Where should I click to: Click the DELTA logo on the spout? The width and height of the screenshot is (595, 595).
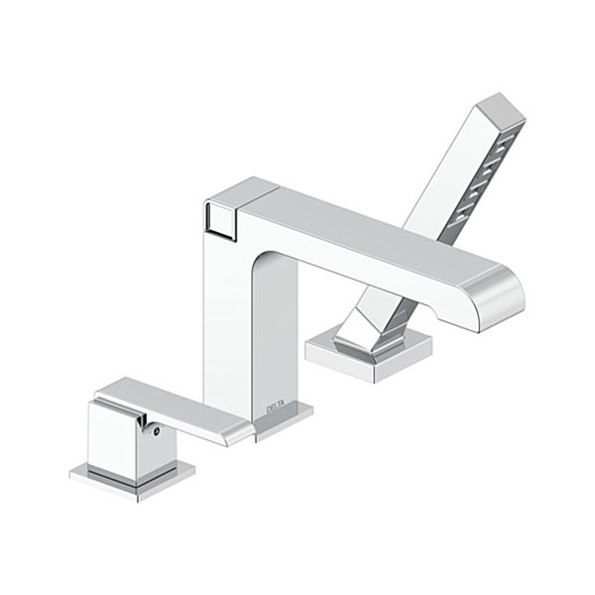tap(276, 409)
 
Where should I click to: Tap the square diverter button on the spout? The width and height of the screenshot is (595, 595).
tap(221, 221)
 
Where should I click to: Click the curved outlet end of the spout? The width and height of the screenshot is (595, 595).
tap(493, 299)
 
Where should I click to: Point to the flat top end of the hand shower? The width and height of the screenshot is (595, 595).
tap(502, 109)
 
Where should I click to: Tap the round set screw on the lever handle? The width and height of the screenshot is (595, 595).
tap(156, 430)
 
